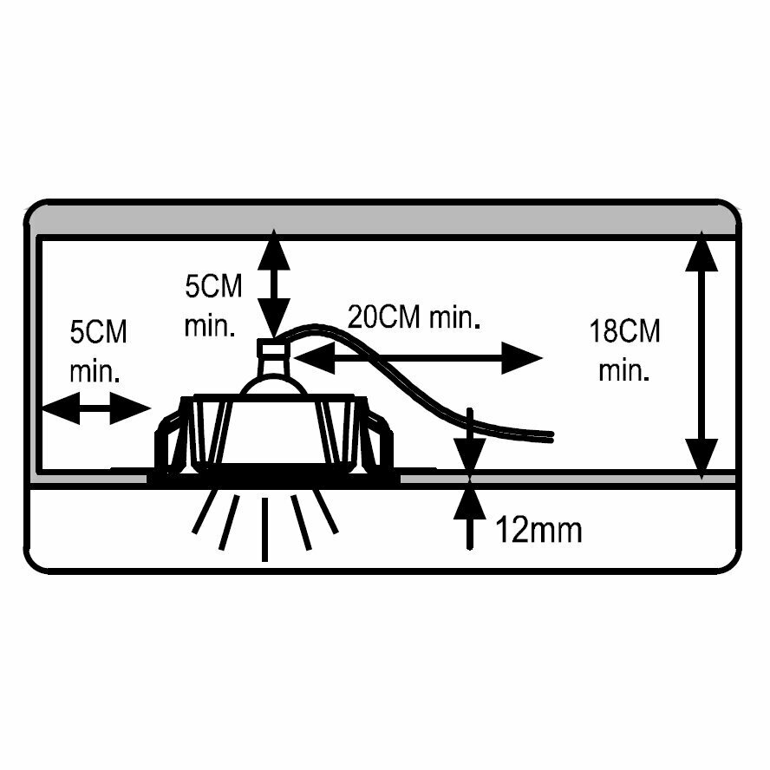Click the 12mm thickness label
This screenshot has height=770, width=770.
pyautogui.click(x=538, y=529)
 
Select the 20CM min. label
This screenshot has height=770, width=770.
pyautogui.click(x=414, y=316)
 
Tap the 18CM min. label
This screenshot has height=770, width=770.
pyautogui.click(x=624, y=350)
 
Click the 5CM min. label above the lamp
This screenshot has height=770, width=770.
pyautogui.click(x=213, y=306)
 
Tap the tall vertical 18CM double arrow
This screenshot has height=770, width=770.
pyautogui.click(x=701, y=356)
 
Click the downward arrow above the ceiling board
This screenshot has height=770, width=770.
pyautogui.click(x=469, y=442)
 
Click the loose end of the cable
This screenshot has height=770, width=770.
pyautogui.click(x=546, y=434)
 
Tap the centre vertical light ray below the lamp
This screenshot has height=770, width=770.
pyautogui.click(x=264, y=528)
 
